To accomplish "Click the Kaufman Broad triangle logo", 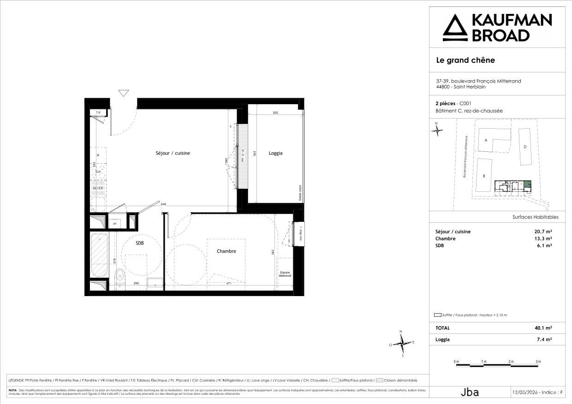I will (x=454, y=27).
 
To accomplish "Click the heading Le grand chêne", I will (x=465, y=60).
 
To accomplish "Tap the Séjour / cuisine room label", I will (x=173, y=153).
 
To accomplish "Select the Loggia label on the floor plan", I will (x=275, y=153).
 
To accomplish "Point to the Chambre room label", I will (x=226, y=251).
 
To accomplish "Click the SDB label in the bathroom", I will (x=139, y=243).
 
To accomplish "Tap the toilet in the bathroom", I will (x=120, y=277).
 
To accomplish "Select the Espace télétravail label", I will (x=285, y=273).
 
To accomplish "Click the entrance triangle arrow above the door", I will (x=123, y=93).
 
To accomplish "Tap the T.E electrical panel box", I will (x=98, y=112).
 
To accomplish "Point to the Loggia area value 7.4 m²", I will (x=546, y=339).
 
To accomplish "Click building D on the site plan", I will (x=525, y=147).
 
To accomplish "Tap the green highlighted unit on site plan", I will (x=527, y=185).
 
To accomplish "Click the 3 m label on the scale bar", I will (x=538, y=362).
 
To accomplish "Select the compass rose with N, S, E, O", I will (x=402, y=343).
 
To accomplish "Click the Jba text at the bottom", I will (x=470, y=392).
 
